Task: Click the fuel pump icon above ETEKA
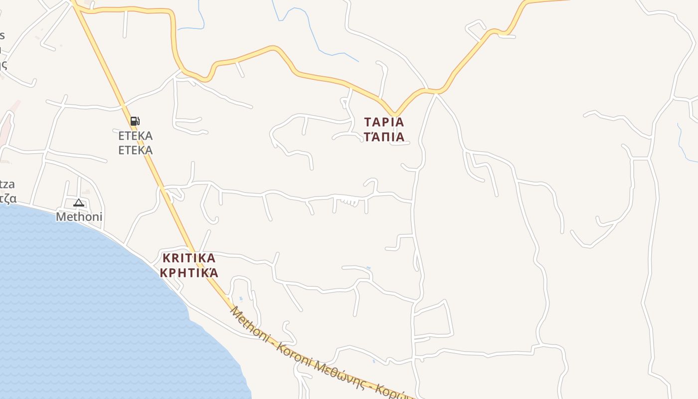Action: [135, 121]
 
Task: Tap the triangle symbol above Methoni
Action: [79, 202]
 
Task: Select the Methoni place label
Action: [79, 216]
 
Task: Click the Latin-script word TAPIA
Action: [384, 122]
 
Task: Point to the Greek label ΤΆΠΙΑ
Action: [384, 137]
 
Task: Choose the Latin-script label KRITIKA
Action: [189, 258]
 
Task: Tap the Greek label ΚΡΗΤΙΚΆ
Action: [189, 273]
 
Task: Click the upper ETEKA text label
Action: [135, 136]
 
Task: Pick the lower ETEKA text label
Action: [135, 150]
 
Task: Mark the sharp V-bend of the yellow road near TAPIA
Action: [394, 113]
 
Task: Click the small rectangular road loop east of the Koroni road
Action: [433, 319]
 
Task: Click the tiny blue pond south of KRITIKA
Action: [241, 299]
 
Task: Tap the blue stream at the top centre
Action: [309, 30]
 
